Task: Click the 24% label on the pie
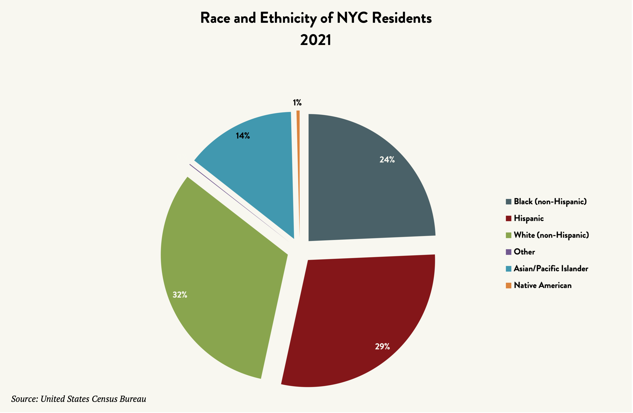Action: pos(387,160)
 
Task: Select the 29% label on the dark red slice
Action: pos(382,346)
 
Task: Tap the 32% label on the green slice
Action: pos(180,295)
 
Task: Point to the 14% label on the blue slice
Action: pos(243,136)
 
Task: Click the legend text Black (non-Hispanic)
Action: pos(550,202)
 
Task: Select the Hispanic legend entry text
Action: pos(529,218)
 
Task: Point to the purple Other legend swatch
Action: pos(508,252)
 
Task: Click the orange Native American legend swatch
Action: pos(508,285)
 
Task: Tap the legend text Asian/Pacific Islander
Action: pos(551,269)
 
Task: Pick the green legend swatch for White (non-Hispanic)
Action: pos(508,235)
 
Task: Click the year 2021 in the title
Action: pos(316,40)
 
